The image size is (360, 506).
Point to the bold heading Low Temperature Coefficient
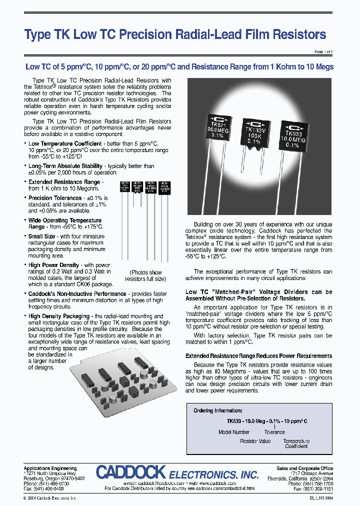click(x=64, y=144)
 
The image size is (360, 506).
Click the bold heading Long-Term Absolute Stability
click(x=65, y=166)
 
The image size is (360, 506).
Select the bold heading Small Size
click(x=42, y=236)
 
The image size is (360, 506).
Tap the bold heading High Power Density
click(x=53, y=265)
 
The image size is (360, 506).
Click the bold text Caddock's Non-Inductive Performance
click(x=77, y=294)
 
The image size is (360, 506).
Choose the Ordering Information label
click(x=217, y=410)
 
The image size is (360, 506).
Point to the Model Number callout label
click(x=234, y=432)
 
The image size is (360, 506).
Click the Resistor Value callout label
click(x=255, y=441)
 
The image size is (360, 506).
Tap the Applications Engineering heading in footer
click(x=50, y=468)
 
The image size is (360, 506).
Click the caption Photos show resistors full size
click(x=145, y=275)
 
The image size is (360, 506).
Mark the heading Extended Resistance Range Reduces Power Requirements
click(x=258, y=355)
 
